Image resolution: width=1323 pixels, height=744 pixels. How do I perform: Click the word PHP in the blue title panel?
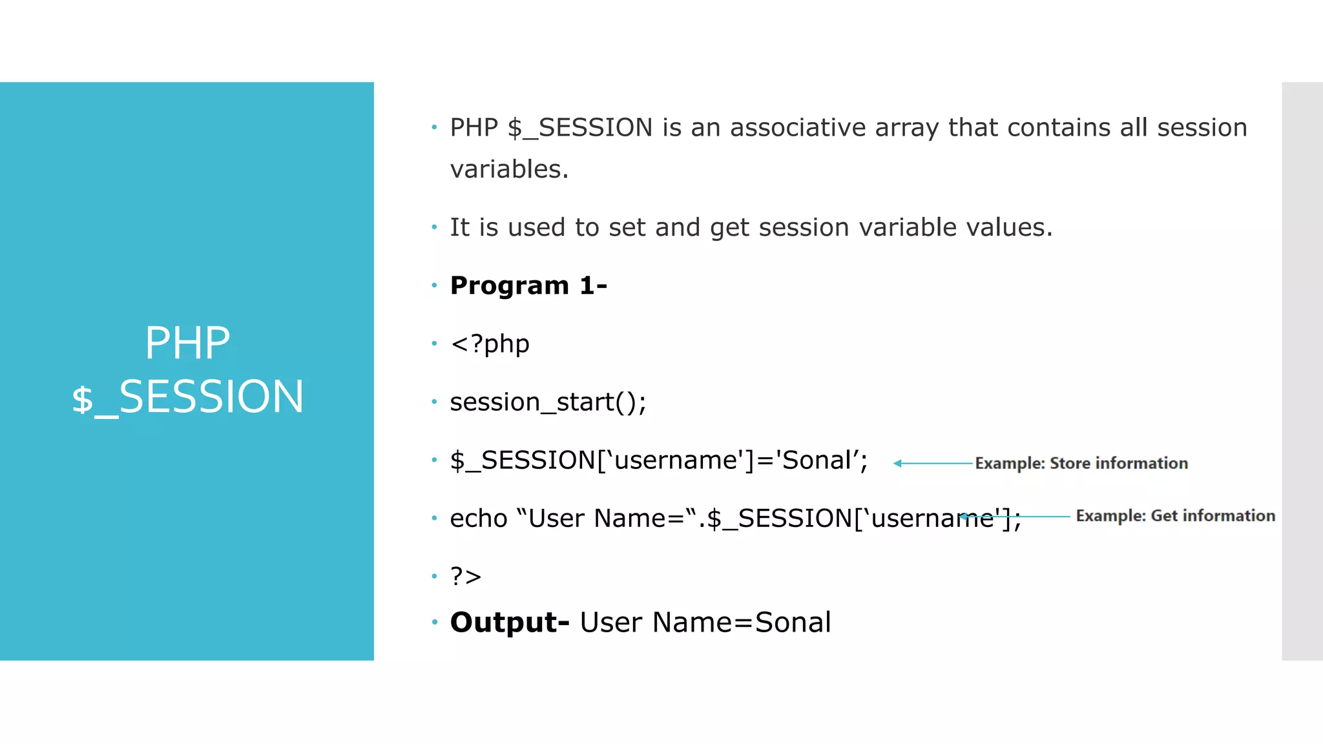[x=187, y=343]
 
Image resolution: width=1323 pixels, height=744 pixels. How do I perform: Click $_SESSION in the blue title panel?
[x=187, y=397]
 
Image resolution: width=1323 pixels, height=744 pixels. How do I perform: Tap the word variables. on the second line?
[x=509, y=169]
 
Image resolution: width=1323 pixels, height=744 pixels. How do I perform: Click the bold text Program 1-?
[x=528, y=285]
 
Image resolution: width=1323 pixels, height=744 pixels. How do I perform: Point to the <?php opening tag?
[x=490, y=344]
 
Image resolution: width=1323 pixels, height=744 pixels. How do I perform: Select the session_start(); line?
[x=548, y=402]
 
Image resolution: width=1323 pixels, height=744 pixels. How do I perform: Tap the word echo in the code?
[x=478, y=518]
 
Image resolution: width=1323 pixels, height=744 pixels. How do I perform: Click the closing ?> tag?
[x=466, y=576]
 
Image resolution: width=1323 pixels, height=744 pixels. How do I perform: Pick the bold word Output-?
[x=509, y=622]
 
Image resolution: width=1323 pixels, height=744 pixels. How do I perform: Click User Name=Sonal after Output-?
[x=705, y=622]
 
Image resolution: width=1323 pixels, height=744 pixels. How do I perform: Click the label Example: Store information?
[x=1081, y=463]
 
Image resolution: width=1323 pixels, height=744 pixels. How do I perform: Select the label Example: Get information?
[x=1175, y=515]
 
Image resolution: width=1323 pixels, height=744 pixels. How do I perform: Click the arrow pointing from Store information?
[x=933, y=463]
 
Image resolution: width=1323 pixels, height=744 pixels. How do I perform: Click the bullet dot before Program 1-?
[x=434, y=285]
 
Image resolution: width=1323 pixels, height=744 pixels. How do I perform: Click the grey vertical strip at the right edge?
[x=1302, y=371]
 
